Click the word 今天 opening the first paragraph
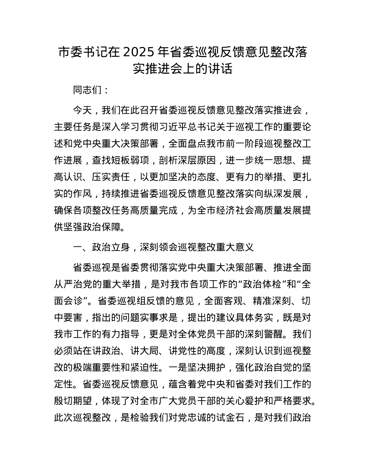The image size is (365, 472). pos(83,111)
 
